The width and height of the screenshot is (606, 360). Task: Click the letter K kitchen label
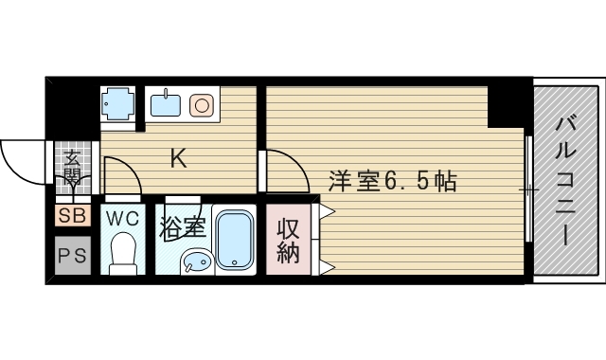point(177,159)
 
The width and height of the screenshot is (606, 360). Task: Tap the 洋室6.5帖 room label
point(393,180)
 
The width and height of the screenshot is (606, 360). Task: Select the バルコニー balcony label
point(567,181)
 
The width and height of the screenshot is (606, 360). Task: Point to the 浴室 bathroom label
point(183,227)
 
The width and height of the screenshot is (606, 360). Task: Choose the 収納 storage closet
point(289,241)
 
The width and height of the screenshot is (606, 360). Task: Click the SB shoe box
point(72,216)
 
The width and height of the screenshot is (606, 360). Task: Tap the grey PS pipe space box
point(72,255)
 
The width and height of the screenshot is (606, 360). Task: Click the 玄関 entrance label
point(72,169)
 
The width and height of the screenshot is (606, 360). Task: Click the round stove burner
point(201,103)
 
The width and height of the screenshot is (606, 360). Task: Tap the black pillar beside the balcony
point(509,105)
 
